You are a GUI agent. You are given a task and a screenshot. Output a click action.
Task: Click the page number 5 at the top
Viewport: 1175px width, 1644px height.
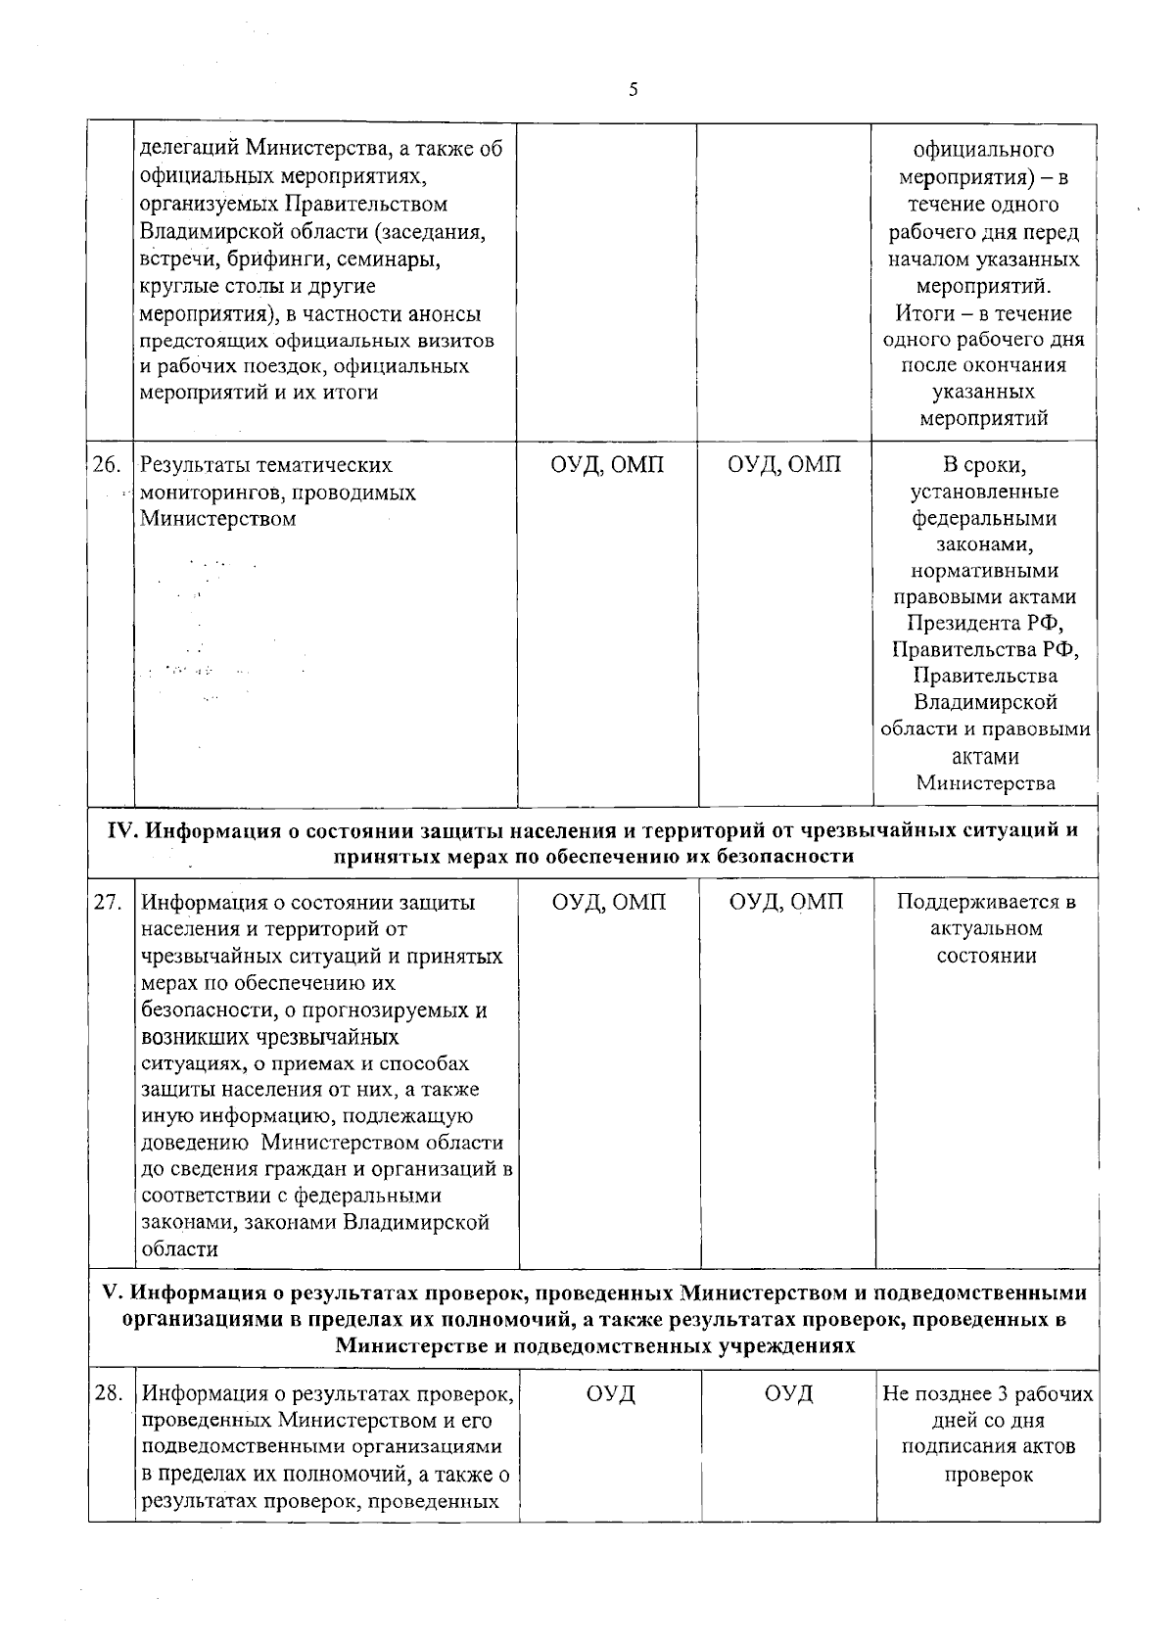[633, 90]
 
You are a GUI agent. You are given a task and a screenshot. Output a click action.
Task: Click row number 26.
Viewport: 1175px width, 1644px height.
[106, 465]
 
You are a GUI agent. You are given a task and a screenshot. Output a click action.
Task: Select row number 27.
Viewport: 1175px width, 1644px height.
[107, 902]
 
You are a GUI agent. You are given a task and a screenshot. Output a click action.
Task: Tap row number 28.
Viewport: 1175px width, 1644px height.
[109, 1392]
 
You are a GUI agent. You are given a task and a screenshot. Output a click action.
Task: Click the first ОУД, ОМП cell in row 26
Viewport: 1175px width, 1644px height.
[607, 465]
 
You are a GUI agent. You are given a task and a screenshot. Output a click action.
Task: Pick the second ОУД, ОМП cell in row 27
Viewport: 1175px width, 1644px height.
[786, 902]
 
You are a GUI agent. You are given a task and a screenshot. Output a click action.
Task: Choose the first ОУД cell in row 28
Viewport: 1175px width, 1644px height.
[611, 1392]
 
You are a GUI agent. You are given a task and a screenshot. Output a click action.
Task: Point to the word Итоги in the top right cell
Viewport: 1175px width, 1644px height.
[921, 313]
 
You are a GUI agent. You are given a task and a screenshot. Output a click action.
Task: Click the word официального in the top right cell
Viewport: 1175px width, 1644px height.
[984, 150]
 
